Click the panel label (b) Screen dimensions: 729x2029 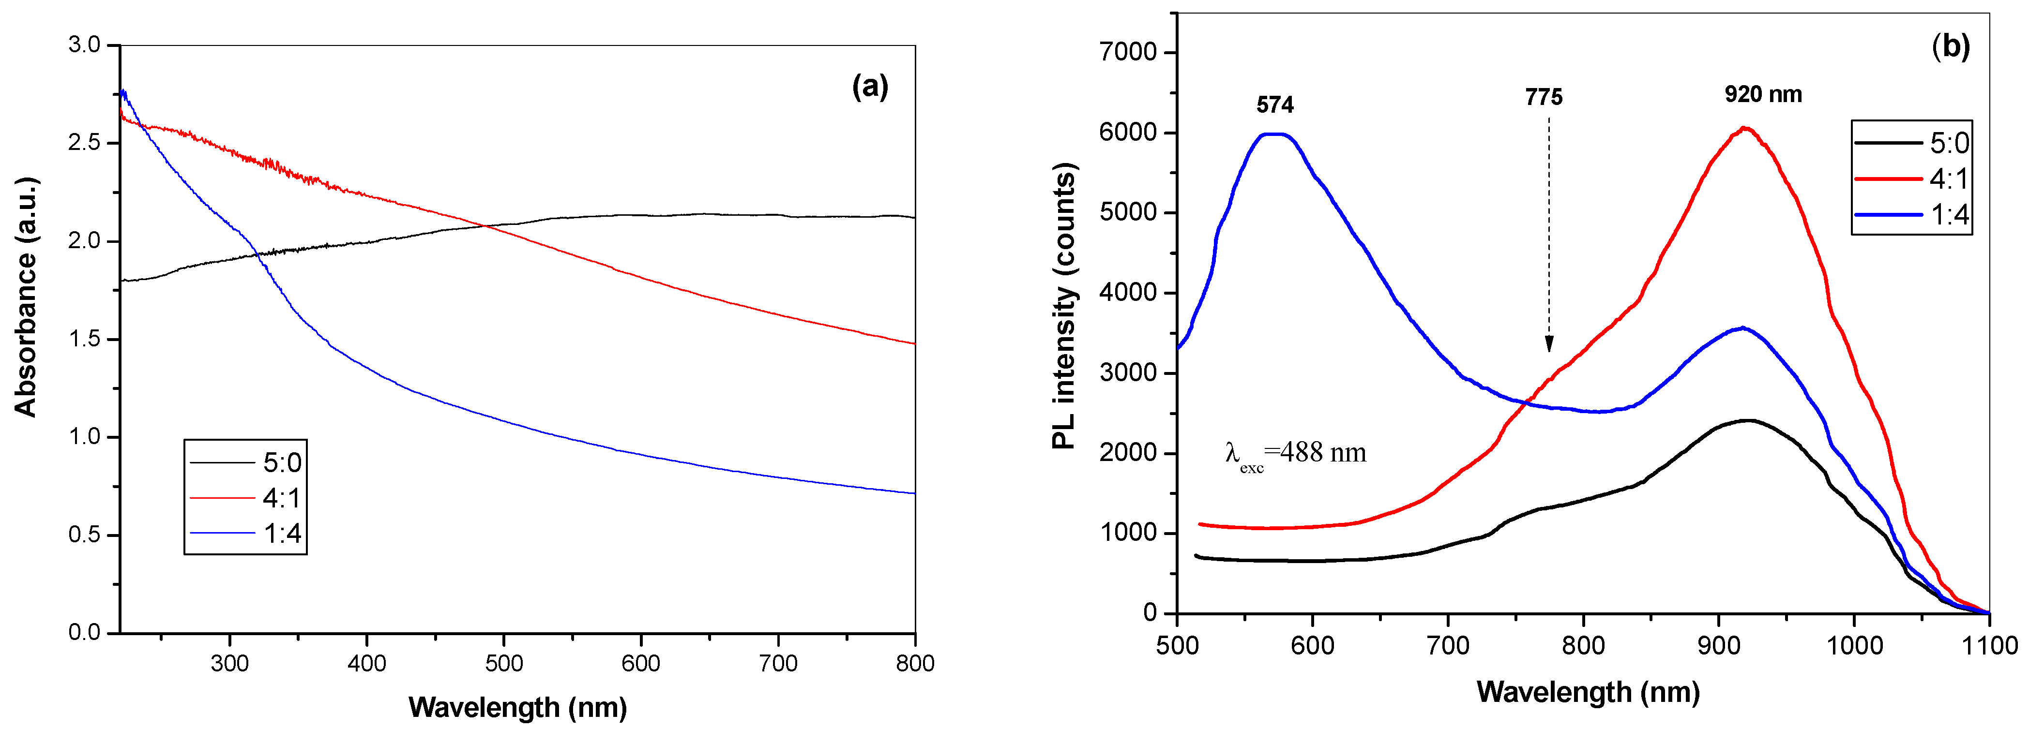[1950, 47]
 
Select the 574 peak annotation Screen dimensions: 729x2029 [1274, 104]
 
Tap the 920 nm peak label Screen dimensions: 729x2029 [1763, 94]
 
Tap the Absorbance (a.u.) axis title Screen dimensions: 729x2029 [26, 297]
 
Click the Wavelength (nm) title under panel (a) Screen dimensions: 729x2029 [517, 707]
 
